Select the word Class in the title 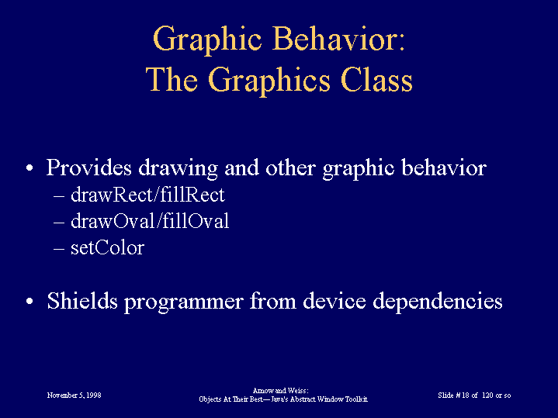(376, 80)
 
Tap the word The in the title (172, 80)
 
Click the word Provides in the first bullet (89, 168)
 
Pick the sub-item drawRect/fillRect (147, 195)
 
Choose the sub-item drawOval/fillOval (150, 221)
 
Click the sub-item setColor (107, 247)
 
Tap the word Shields (82, 301)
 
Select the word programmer (184, 302)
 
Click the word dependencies (438, 302)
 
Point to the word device (334, 301)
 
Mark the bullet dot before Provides (29, 168)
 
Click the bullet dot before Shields (29, 301)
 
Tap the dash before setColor (59, 249)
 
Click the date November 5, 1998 (74, 396)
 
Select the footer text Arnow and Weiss (280, 391)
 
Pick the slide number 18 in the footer (465, 396)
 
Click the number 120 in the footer (487, 396)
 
